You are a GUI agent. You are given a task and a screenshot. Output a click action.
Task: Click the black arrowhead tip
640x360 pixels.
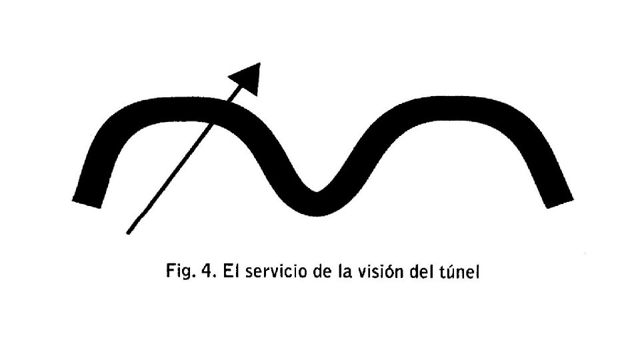[259, 63]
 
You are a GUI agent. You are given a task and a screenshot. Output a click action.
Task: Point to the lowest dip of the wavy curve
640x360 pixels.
[317, 203]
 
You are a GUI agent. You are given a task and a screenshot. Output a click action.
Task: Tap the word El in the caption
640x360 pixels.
[230, 271]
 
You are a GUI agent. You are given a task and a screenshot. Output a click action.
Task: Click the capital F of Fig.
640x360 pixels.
[170, 271]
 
